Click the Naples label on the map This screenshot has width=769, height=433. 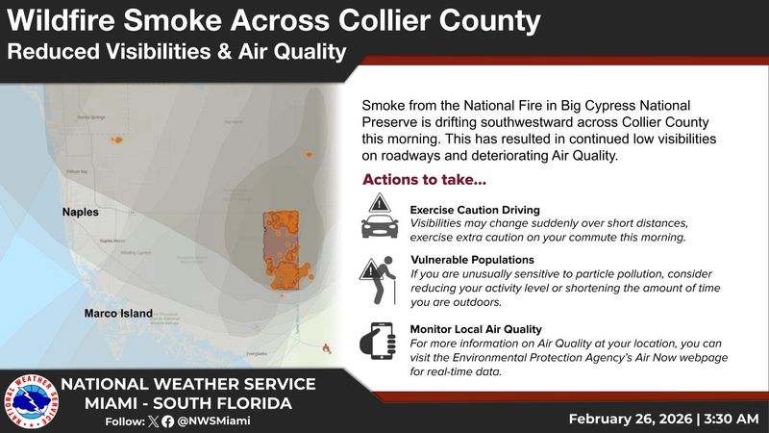[x=82, y=212]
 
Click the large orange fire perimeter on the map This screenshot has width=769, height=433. [x=283, y=247]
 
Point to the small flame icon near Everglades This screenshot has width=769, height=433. [x=327, y=346]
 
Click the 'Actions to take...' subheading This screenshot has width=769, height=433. [x=424, y=180]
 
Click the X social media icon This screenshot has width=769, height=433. [x=155, y=420]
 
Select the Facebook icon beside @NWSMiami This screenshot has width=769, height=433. [x=170, y=420]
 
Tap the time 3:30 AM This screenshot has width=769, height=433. [x=729, y=419]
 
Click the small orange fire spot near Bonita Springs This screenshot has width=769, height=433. [x=117, y=140]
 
